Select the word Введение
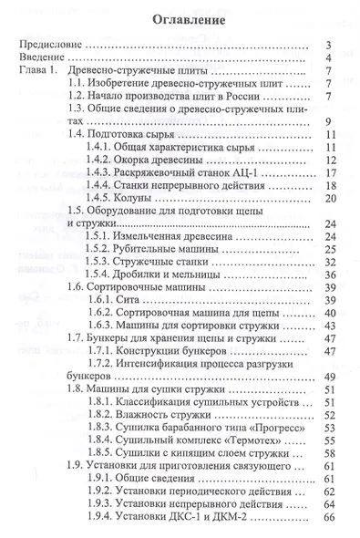[46, 60]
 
